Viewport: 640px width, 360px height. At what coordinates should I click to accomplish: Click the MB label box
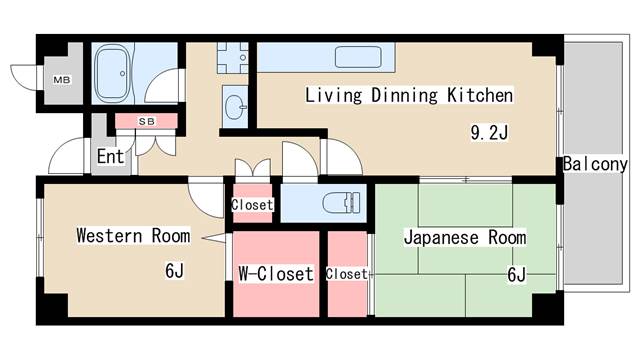[x=61, y=78]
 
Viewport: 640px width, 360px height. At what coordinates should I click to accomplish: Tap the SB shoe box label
[x=146, y=121]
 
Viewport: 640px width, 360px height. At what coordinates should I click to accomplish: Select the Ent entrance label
[x=110, y=157]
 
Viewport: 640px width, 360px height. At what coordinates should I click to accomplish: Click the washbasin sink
[x=237, y=104]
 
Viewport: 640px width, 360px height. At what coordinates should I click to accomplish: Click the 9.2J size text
[x=491, y=131]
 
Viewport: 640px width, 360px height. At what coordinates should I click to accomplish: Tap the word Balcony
[x=594, y=164]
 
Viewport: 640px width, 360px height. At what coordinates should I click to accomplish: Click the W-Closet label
[x=275, y=273]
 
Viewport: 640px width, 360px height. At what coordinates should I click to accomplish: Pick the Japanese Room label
[x=464, y=238]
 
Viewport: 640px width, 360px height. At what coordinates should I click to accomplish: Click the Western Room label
[x=133, y=237]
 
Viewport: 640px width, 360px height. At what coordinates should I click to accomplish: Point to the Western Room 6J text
[x=175, y=270]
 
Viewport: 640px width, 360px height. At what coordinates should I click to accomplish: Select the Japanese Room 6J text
[x=516, y=274]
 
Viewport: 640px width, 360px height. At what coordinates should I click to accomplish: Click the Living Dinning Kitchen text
[x=409, y=96]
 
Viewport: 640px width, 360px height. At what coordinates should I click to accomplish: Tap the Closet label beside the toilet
[x=252, y=205]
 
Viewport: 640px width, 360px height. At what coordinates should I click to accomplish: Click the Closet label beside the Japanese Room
[x=346, y=273]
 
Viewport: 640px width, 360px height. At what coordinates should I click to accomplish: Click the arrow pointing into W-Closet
[x=214, y=237]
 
